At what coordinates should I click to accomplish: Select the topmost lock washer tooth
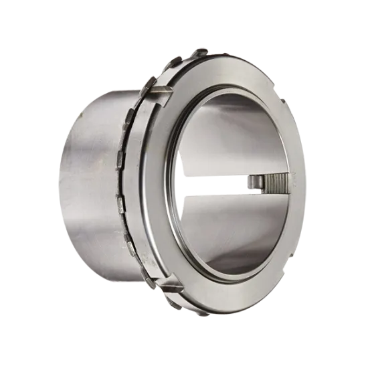click(x=201, y=53)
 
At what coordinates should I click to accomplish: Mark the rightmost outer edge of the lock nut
click(x=304, y=181)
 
